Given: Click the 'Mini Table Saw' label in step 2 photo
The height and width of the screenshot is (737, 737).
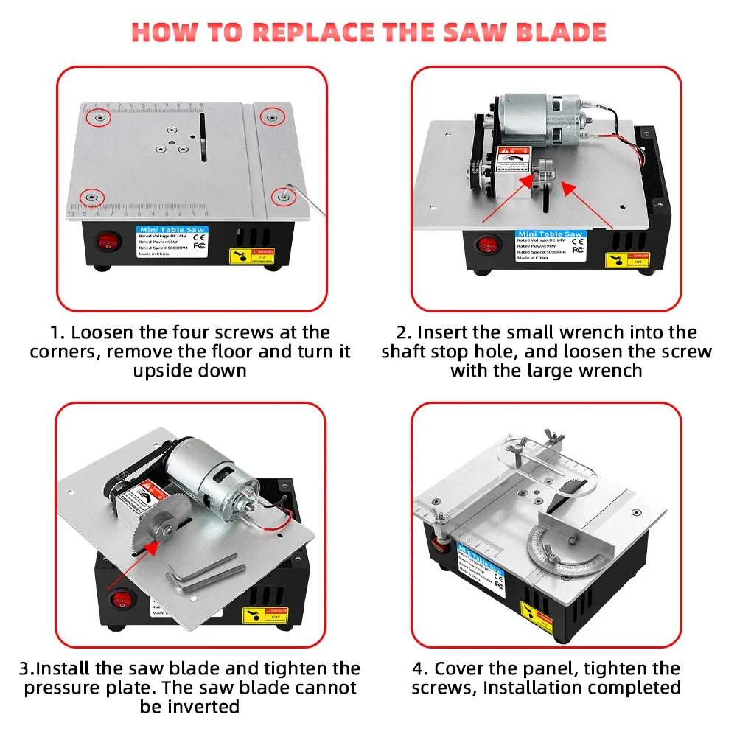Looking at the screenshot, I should [x=550, y=234].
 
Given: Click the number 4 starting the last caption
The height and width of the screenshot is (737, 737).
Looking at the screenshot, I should [x=419, y=668].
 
